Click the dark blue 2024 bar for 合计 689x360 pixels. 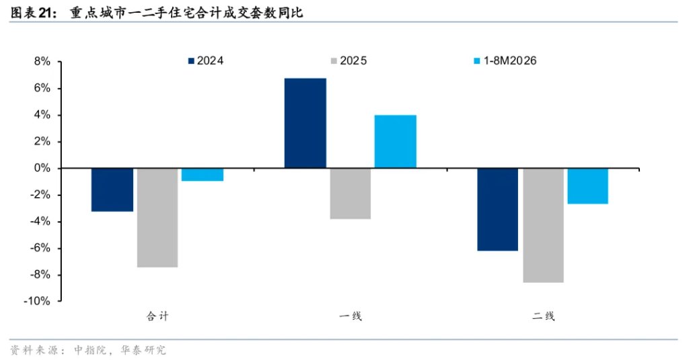(112, 190)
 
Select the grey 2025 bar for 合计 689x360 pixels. (157, 217)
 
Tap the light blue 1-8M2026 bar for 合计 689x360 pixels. (202, 174)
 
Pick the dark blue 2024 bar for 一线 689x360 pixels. (305, 123)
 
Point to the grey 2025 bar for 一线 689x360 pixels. (350, 193)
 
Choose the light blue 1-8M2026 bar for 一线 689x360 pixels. (396, 141)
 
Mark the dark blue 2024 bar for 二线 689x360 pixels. (498, 210)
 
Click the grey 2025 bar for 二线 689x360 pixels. (543, 225)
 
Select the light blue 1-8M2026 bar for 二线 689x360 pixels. (588, 186)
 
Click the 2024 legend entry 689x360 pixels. (206, 61)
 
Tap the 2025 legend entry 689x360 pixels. (349, 61)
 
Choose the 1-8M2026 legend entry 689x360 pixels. (505, 61)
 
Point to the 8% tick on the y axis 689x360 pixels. (42, 61)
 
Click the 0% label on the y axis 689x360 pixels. (42, 168)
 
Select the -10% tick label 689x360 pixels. (37, 301)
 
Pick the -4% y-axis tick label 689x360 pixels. (40, 221)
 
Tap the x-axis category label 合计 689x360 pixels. (157, 316)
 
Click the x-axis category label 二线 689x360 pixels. (544, 316)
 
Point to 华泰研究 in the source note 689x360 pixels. (144, 350)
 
